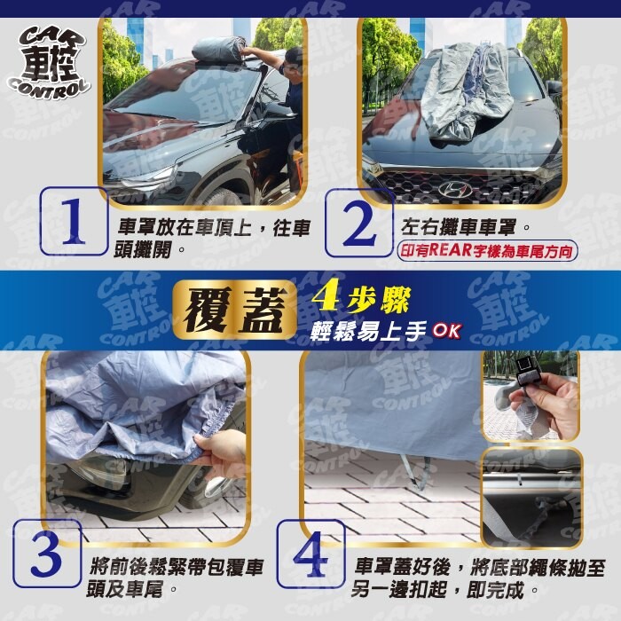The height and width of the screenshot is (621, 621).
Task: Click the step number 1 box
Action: pos(74,222)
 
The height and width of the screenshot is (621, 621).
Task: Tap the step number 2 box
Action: pos(359,223)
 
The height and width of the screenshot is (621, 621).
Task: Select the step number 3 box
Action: pos(47,554)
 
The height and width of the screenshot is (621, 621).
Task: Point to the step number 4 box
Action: pos(310,554)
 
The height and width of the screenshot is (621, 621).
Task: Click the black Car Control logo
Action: pos(49,64)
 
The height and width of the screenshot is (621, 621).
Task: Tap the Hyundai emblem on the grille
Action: pos(454,189)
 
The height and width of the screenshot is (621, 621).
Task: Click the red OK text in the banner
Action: pos(447,331)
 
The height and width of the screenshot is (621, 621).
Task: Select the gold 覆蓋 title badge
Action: pos(235,310)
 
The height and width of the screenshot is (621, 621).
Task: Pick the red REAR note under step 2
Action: pos(487,251)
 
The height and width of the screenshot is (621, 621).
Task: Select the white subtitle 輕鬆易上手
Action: pos(369,331)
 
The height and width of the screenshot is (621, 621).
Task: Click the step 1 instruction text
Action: pos(212,239)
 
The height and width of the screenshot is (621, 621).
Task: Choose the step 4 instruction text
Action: pos(478,578)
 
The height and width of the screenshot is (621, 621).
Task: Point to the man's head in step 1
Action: pos(292,60)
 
